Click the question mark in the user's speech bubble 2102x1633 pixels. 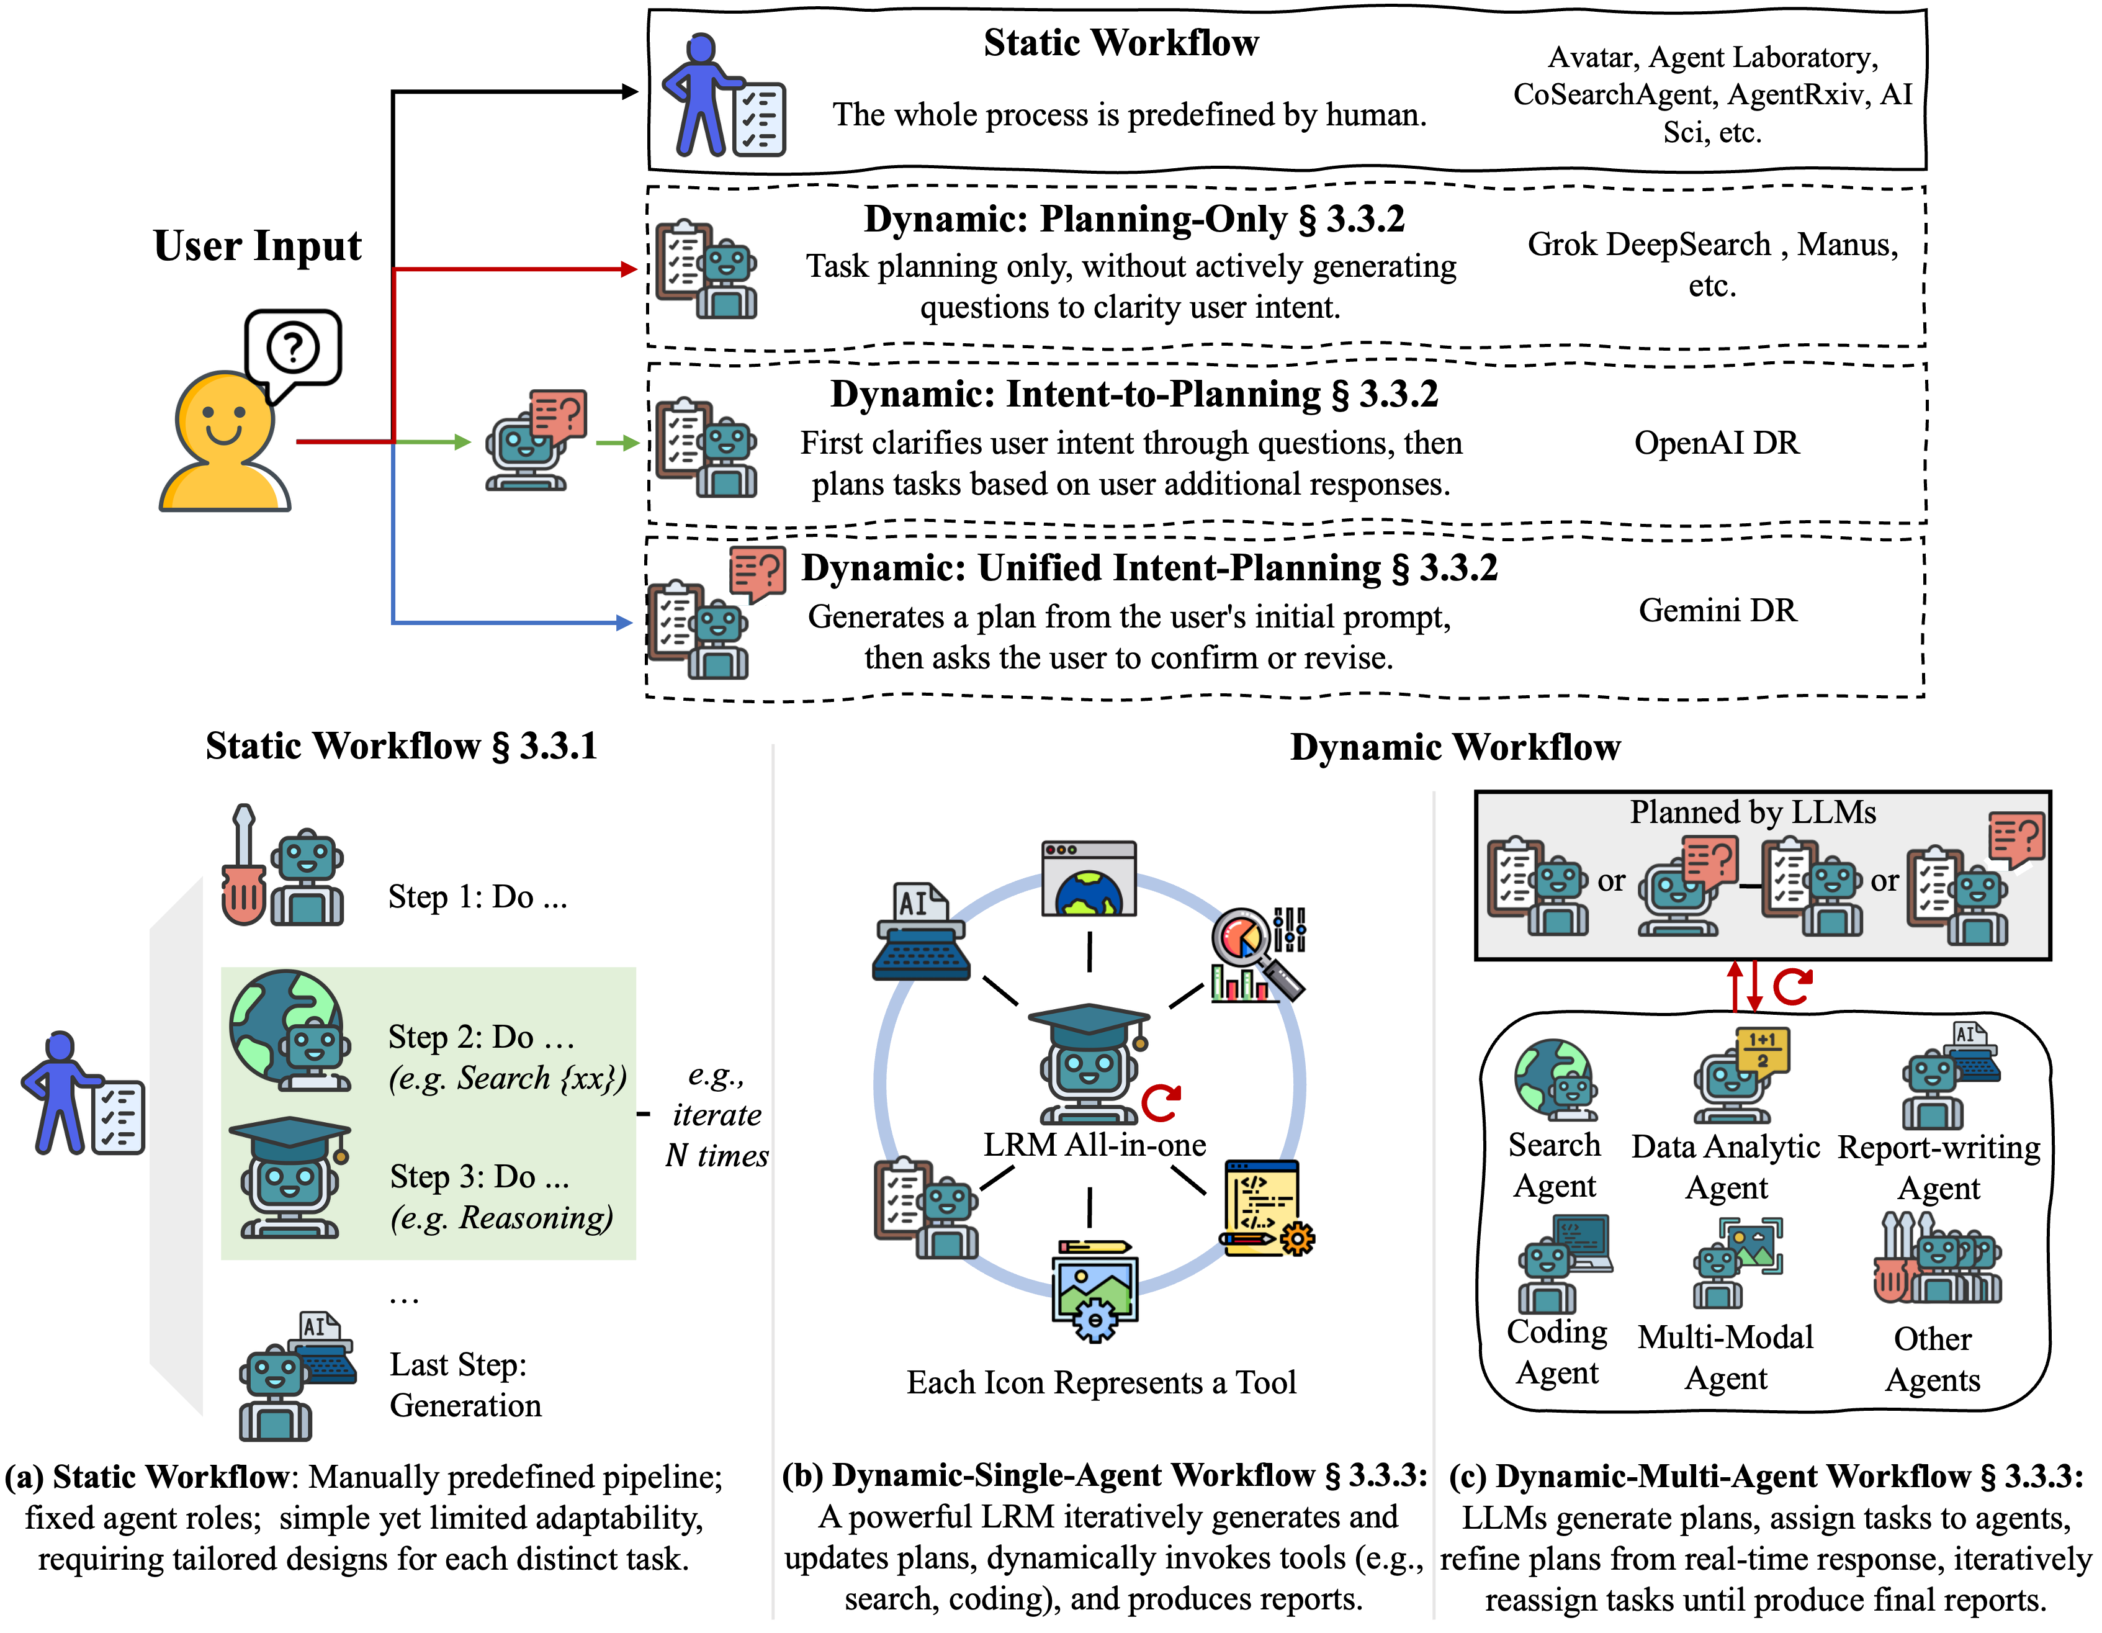(x=292, y=346)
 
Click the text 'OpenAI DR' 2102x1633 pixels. (x=1716, y=443)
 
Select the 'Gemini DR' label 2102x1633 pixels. (x=1717, y=610)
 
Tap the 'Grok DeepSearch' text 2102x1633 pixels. (x=1648, y=245)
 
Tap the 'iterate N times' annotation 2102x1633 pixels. (x=717, y=1115)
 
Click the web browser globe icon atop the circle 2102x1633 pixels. (x=1089, y=879)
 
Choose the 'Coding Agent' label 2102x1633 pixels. (x=1556, y=1352)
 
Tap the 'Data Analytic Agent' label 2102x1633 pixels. (x=1726, y=1166)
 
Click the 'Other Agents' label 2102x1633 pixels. (x=1932, y=1359)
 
